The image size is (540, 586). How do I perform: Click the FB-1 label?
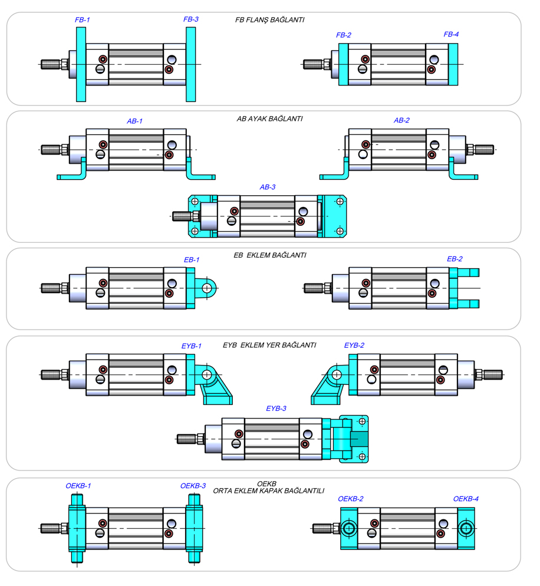(82, 19)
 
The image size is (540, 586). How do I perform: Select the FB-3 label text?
(190, 19)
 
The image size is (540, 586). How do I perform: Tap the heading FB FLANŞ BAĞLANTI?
(269, 20)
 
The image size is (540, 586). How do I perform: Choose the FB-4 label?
(451, 34)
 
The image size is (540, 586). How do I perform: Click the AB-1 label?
(134, 121)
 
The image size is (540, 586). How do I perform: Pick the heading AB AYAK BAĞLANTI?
(269, 118)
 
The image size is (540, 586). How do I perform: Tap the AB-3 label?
(268, 187)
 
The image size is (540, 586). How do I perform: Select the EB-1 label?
(192, 259)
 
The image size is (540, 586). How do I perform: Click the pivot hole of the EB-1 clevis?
(207, 288)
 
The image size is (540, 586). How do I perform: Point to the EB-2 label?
(455, 259)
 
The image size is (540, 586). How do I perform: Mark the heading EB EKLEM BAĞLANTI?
(270, 255)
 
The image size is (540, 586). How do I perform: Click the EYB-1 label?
(191, 346)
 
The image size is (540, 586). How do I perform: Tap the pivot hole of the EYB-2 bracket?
(335, 374)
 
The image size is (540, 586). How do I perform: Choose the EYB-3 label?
(276, 408)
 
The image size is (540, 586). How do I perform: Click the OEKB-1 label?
(78, 486)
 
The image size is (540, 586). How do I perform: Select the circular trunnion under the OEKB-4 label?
(466, 528)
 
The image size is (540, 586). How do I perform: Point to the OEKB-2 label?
(350, 499)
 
